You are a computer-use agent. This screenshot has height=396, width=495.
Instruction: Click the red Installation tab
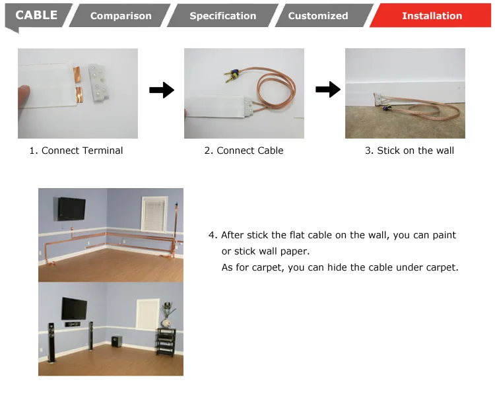(x=431, y=15)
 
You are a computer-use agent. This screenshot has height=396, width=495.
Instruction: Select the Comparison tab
(x=121, y=15)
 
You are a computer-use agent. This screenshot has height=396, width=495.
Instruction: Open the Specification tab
(x=223, y=15)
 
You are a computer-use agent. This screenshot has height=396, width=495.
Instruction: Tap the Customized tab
(x=318, y=15)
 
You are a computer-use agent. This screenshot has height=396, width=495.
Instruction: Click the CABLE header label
(x=36, y=15)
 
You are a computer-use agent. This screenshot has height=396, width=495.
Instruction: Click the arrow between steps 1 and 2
(x=162, y=90)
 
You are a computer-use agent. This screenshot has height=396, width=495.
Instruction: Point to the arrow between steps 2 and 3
(x=328, y=89)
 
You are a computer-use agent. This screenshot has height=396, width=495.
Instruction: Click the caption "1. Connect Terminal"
(x=76, y=150)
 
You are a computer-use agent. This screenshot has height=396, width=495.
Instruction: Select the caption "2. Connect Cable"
(x=244, y=150)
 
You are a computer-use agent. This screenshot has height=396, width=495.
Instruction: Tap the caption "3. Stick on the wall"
(x=409, y=150)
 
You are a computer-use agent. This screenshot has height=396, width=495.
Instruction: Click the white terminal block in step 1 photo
(x=99, y=82)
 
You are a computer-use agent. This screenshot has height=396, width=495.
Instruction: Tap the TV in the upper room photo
(x=72, y=209)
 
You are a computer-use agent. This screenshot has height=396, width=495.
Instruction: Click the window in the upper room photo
(x=154, y=214)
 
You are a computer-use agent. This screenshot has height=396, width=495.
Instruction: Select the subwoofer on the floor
(x=117, y=341)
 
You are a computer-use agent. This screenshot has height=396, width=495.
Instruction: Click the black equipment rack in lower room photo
(x=166, y=343)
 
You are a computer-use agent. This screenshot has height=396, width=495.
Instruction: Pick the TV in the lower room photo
(x=74, y=308)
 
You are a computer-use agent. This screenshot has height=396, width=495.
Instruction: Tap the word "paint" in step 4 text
(x=444, y=235)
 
